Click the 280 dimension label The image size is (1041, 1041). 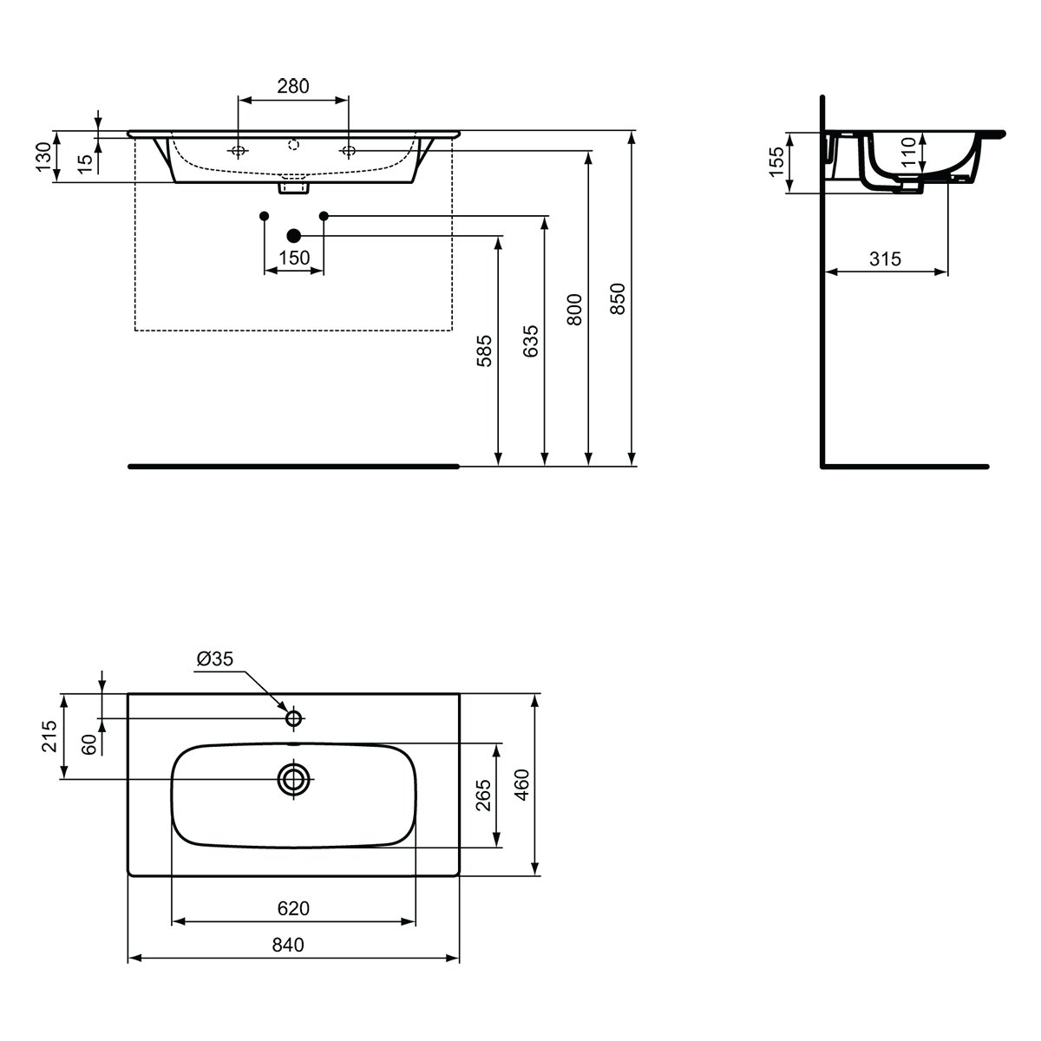[x=293, y=86]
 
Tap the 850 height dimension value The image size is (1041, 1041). [x=618, y=298]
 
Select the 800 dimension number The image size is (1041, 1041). [x=575, y=310]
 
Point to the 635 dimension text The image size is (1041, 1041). [x=531, y=341]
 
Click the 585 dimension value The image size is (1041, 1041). [x=485, y=351]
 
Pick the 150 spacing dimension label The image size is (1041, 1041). [x=294, y=258]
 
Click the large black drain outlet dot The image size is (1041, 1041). [x=293, y=236]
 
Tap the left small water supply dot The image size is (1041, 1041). [x=265, y=216]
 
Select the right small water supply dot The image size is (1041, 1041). [x=324, y=216]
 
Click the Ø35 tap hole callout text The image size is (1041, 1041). [x=215, y=658]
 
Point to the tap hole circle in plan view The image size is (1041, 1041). [x=293, y=718]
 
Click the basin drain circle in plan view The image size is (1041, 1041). [x=293, y=780]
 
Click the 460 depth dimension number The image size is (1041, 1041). [x=522, y=785]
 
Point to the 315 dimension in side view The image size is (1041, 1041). [x=886, y=259]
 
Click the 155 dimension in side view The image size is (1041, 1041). [x=776, y=161]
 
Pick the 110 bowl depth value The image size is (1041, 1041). [x=908, y=151]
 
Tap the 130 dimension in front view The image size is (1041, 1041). [x=43, y=157]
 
